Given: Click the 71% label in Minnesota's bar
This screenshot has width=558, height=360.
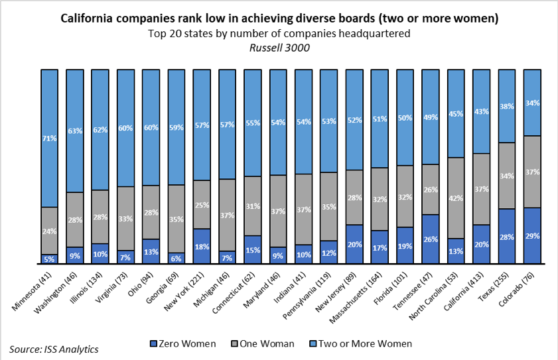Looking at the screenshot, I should coord(49,138).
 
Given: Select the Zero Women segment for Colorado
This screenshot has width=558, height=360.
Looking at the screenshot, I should coord(532,236).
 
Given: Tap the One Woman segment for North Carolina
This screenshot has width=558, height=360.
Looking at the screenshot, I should coord(456,198).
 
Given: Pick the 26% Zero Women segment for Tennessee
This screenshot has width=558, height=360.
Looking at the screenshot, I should coord(431,239).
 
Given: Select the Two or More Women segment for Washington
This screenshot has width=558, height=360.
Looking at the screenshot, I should coord(75,131).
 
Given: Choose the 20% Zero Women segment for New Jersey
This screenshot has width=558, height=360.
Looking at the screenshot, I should coord(354,244).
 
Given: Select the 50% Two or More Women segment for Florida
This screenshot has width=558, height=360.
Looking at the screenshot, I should coord(405,117).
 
